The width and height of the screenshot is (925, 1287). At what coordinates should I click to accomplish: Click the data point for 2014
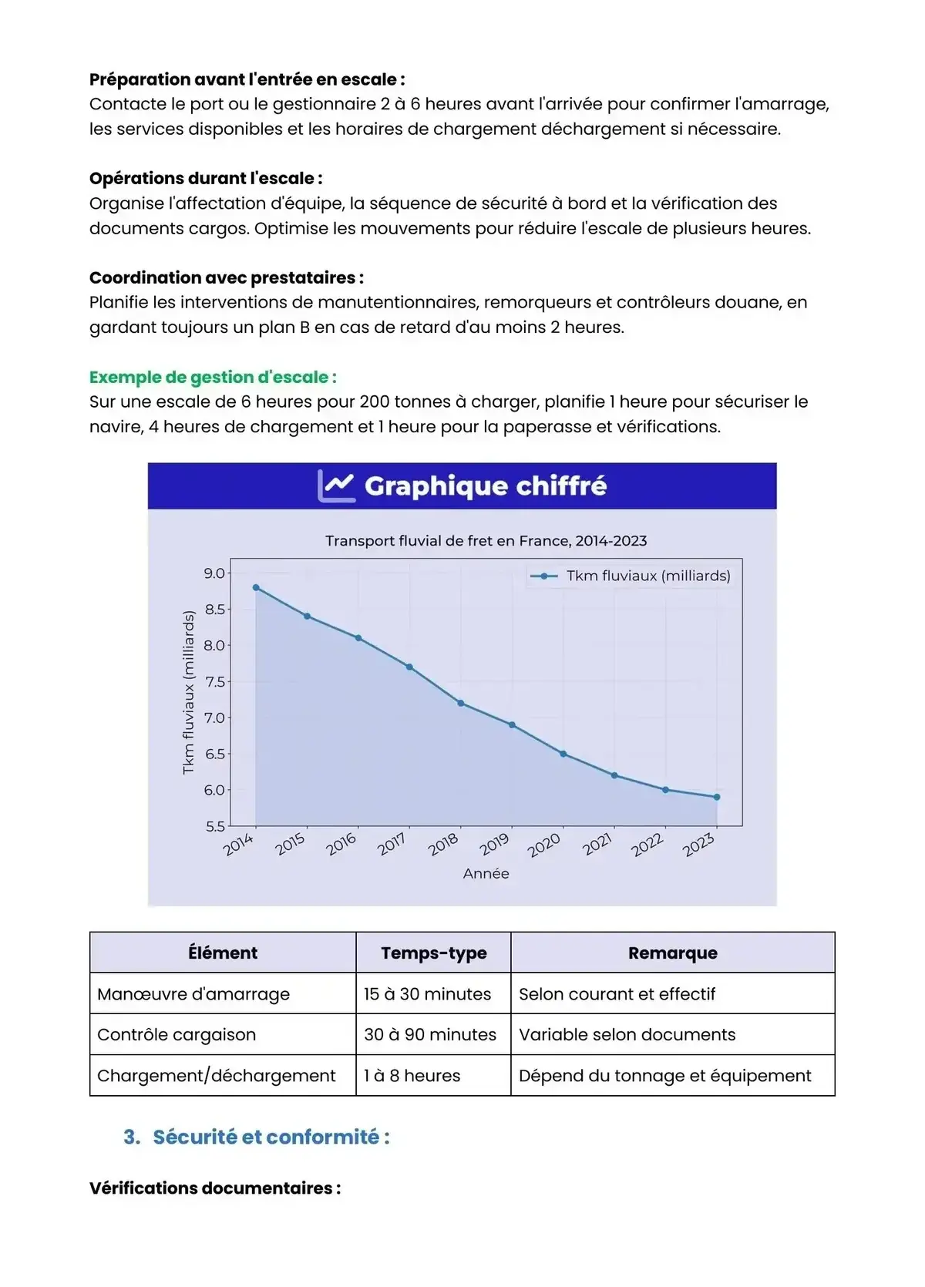[x=256, y=587]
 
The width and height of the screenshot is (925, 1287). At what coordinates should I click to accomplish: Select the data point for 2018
[x=461, y=703]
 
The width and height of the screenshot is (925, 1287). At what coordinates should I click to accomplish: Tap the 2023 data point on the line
[x=717, y=797]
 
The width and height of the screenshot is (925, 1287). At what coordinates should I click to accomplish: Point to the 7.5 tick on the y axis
[x=214, y=682]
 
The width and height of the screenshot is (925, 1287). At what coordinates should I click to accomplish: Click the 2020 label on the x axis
[x=544, y=845]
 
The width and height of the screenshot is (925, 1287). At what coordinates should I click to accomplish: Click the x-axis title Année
[x=486, y=873]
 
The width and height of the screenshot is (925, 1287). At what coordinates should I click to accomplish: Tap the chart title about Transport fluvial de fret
[x=486, y=541]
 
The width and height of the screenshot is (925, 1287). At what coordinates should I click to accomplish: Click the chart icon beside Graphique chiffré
[x=336, y=486]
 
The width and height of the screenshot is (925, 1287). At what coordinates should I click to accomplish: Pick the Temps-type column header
[x=433, y=953]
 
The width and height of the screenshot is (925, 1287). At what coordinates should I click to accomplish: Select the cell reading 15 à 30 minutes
[x=427, y=994]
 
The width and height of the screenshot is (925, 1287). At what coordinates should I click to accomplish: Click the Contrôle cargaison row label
[x=177, y=1035]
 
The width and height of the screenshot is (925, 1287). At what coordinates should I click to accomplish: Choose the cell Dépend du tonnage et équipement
[x=664, y=1076]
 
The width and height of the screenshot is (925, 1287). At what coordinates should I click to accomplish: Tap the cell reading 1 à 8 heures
[x=412, y=1076]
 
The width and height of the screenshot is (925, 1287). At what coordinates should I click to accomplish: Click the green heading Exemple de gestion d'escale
[x=213, y=377]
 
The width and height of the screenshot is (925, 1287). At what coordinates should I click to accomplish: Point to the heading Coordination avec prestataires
[x=226, y=277]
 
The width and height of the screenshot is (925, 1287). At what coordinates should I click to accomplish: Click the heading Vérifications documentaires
[x=214, y=1188]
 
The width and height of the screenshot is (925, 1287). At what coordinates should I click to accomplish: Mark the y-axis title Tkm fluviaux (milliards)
[x=188, y=692]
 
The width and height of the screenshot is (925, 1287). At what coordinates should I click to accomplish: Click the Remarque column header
[x=672, y=953]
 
